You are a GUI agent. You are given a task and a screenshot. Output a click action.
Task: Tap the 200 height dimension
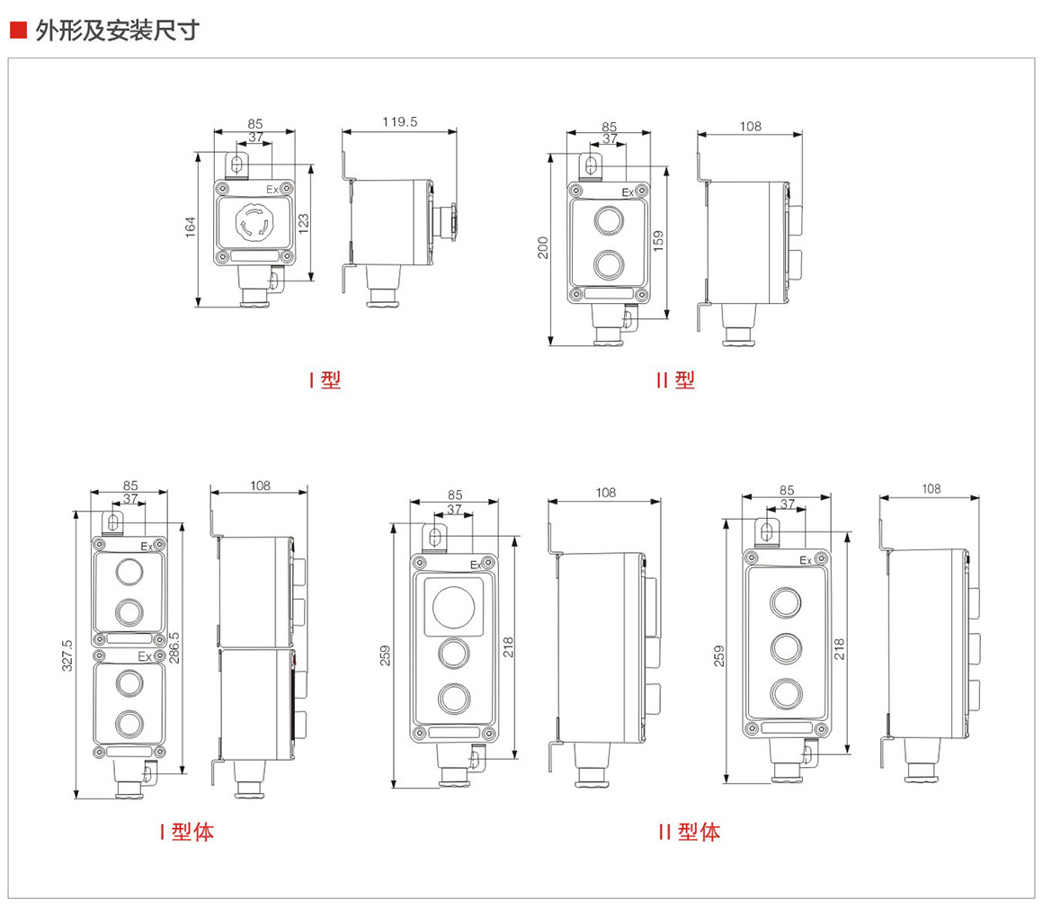click(x=543, y=248)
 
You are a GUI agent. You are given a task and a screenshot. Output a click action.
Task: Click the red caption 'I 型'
click(x=325, y=380)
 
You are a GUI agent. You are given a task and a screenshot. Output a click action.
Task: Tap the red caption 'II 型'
click(x=675, y=380)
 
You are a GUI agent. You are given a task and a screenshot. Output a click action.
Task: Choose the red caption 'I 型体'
click(x=186, y=832)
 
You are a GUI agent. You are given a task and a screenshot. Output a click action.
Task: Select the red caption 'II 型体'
click(x=689, y=832)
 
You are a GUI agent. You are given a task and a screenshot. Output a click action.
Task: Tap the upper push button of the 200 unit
click(x=609, y=220)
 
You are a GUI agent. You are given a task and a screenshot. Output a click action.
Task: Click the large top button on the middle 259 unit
click(x=451, y=605)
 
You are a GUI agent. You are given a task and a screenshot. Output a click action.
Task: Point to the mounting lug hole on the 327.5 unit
click(x=114, y=522)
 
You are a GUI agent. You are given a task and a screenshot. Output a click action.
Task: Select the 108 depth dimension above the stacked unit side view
click(x=260, y=486)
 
